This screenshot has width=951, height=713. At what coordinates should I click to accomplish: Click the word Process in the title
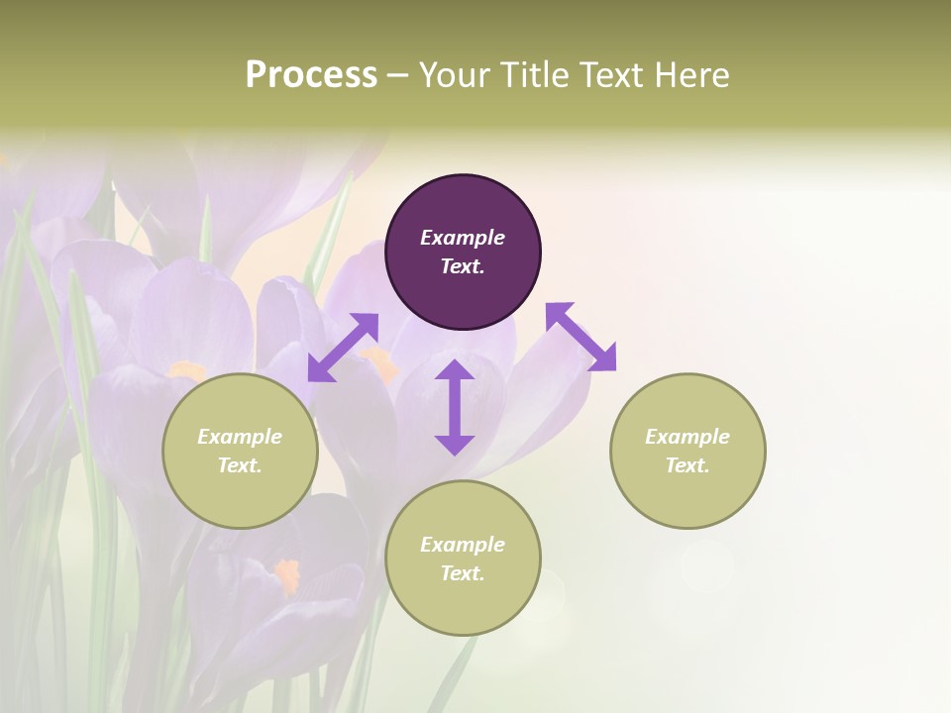[x=311, y=75]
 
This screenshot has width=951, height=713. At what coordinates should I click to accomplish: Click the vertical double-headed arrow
[x=455, y=407]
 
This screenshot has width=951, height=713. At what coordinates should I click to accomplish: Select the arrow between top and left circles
[x=343, y=348]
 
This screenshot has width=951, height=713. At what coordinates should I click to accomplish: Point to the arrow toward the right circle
[x=581, y=337]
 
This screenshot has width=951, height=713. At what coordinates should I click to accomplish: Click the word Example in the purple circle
[x=463, y=238]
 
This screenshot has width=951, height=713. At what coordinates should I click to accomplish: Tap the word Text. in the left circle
[x=240, y=465]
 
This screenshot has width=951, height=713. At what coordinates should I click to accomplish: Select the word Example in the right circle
[x=687, y=437]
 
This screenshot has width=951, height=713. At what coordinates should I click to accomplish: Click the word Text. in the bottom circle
[x=463, y=573]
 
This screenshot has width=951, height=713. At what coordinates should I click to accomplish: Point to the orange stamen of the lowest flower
[x=287, y=574]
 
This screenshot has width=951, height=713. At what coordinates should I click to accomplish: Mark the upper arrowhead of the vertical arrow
[x=455, y=370]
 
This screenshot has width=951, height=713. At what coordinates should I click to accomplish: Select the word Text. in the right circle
[x=687, y=465]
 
